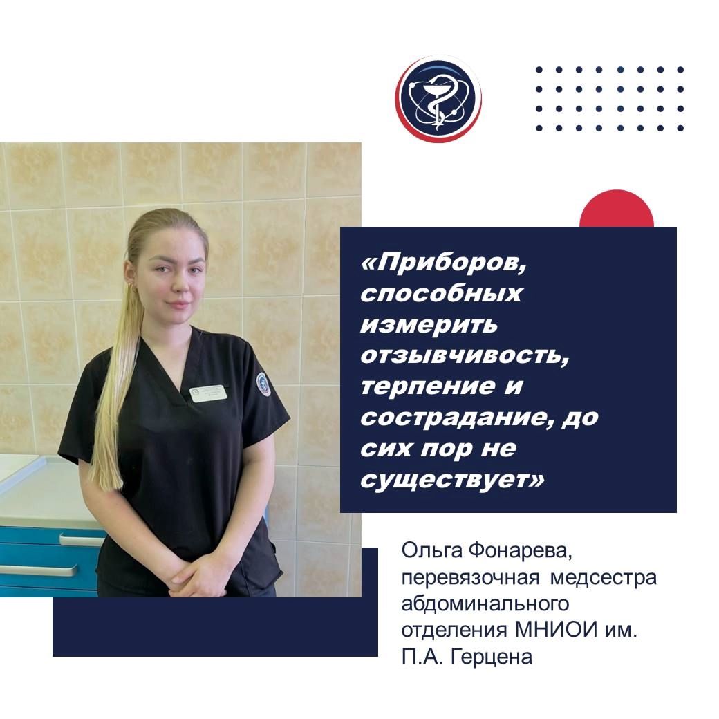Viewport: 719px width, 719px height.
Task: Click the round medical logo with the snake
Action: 438,99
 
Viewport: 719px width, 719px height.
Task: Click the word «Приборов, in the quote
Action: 443,264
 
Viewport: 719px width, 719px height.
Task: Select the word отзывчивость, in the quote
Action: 465,355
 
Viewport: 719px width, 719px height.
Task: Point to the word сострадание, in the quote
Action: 458,418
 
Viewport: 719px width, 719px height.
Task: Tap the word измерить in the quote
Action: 429,325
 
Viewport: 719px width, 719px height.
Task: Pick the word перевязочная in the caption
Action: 471,578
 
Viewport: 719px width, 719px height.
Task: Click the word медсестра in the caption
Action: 604,577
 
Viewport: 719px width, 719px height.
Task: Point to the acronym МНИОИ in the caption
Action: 557,630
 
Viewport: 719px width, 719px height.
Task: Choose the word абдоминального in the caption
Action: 485,604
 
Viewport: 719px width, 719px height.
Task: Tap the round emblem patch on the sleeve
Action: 263,384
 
